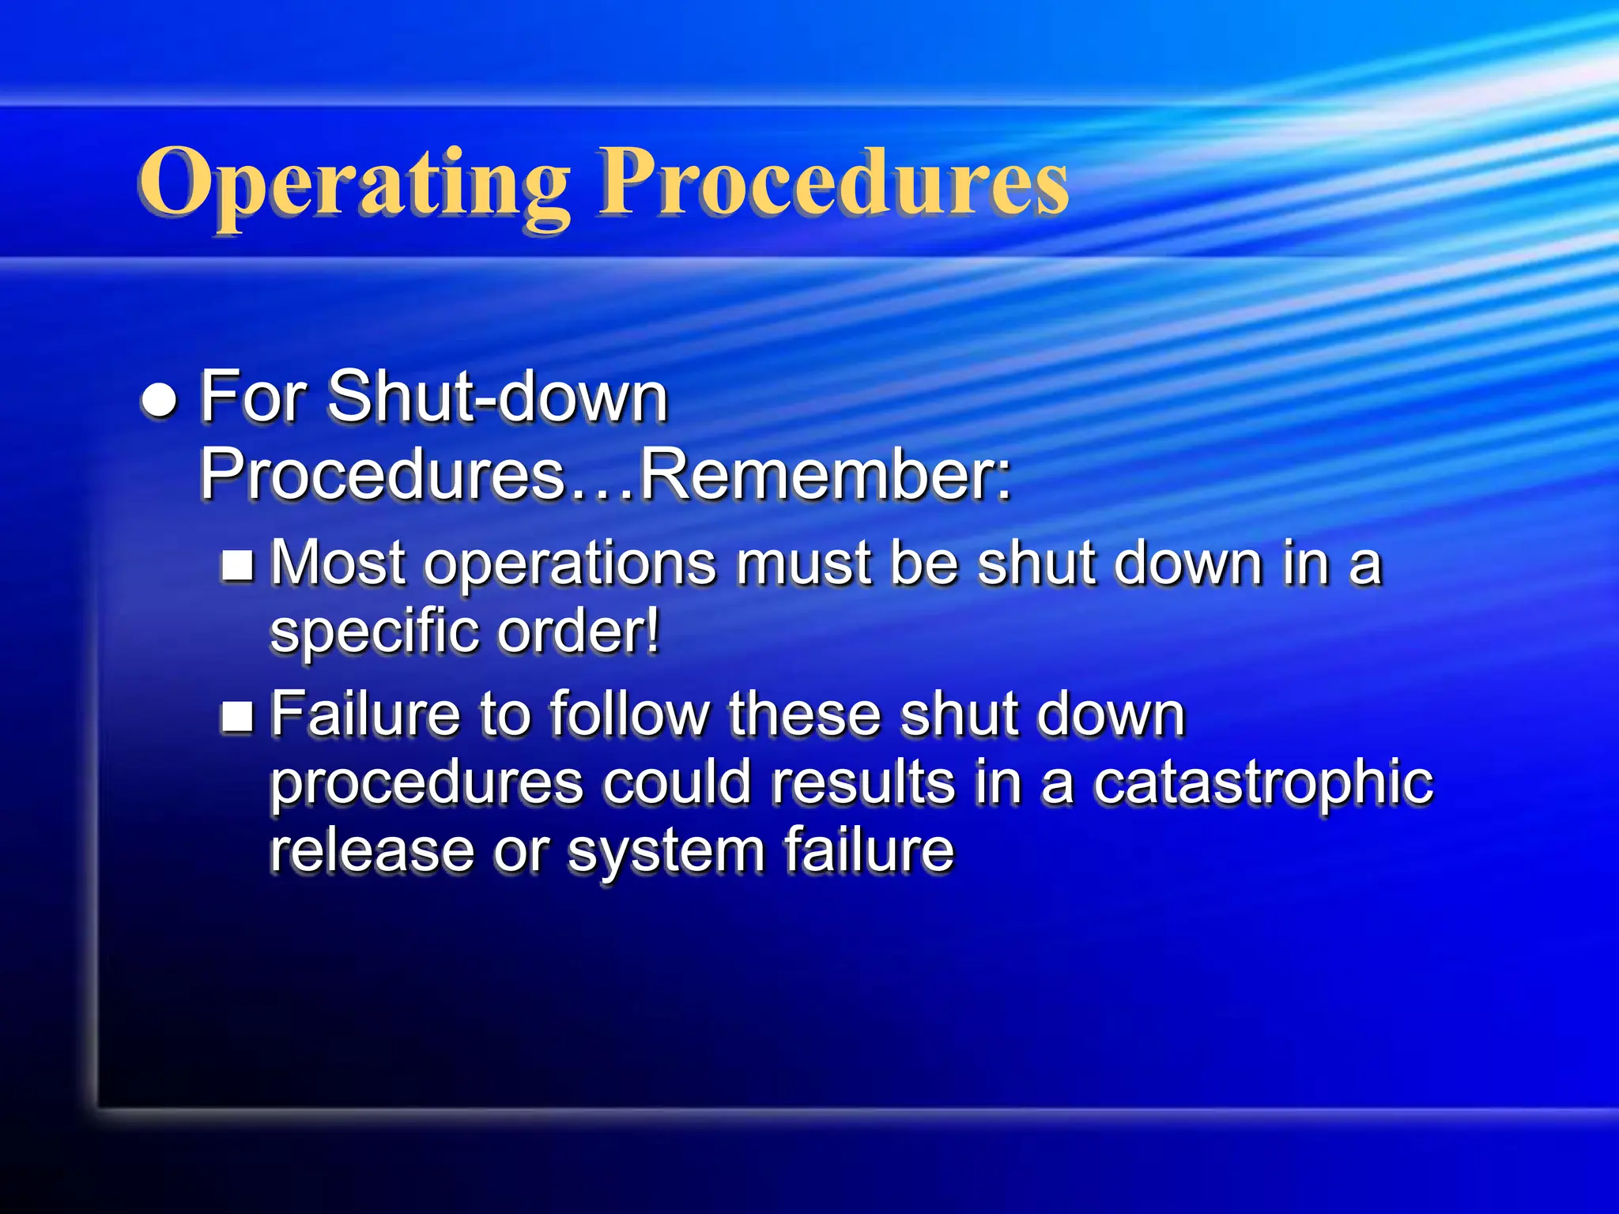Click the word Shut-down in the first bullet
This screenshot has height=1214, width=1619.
click(x=497, y=397)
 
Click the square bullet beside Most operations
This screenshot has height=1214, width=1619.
click(x=237, y=566)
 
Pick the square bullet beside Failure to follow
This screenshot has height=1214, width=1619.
click(x=237, y=716)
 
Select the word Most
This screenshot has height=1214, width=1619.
click(x=339, y=563)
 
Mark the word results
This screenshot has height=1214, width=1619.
click(x=863, y=782)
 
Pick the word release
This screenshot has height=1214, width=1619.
click(x=372, y=851)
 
